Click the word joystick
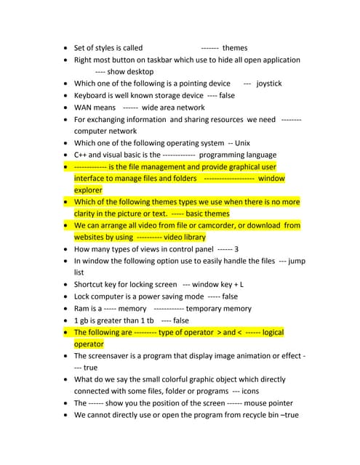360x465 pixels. click(x=269, y=84)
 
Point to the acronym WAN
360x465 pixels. click(x=84, y=108)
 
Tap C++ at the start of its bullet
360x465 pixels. click(x=81, y=155)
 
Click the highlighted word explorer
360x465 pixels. click(x=88, y=190)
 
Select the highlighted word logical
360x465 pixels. click(x=273, y=333)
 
